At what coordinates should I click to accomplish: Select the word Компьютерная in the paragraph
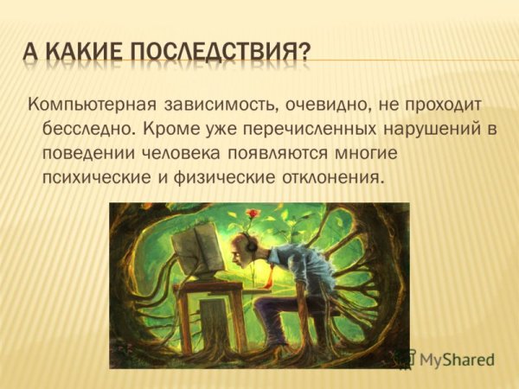[x=91, y=105]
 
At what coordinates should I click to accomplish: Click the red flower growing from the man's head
[x=252, y=213]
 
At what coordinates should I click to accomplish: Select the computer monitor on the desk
[x=196, y=250]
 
